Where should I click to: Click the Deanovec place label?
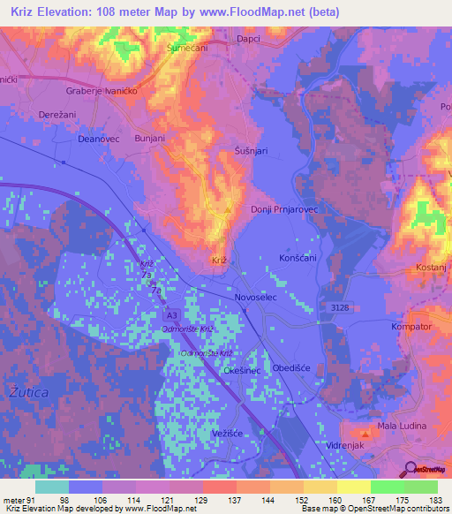tap(97, 139)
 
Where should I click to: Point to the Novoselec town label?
tap(258, 298)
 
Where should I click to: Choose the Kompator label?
tap(412, 327)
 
